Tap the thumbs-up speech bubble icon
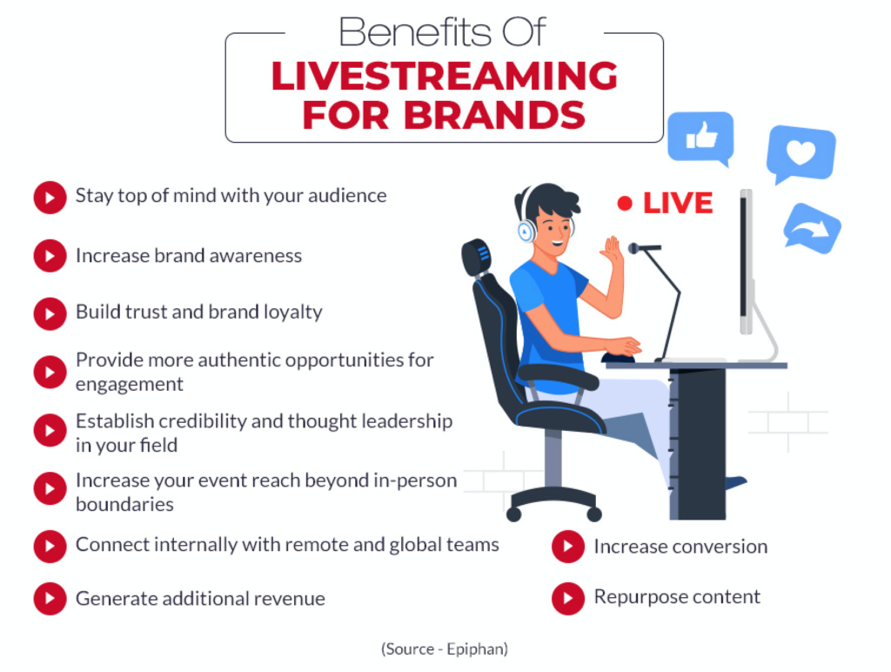click(x=700, y=137)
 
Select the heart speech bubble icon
click(x=801, y=153)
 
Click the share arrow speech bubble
click(x=812, y=228)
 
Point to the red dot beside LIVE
click(x=624, y=204)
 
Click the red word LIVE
click(x=678, y=204)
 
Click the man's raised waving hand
click(x=613, y=252)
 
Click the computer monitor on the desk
click(x=746, y=261)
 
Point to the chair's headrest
click(x=477, y=258)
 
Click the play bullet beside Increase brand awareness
click(x=50, y=256)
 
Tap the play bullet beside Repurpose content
click(x=568, y=598)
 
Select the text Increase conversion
click(x=680, y=547)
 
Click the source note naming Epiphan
click(x=445, y=648)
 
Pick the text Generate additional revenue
click(x=200, y=599)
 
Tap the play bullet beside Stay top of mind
click(x=50, y=197)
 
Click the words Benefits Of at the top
click(x=443, y=32)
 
